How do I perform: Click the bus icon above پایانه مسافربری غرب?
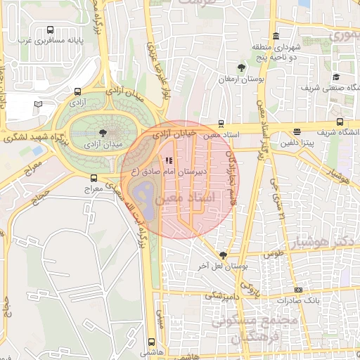pyautogui.click(x=50, y=30)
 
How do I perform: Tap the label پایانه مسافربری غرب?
pyautogui.click(x=51, y=41)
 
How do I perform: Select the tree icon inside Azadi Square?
pyautogui.click(x=103, y=131)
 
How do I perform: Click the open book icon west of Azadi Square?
pyautogui.click(x=38, y=104)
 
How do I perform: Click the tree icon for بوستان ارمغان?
pyautogui.click(x=241, y=67)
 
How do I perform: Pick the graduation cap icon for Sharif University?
pyautogui.click(x=336, y=77)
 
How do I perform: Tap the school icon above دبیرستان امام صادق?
pyautogui.click(x=168, y=160)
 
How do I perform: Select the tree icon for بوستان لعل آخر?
pyautogui.click(x=223, y=255)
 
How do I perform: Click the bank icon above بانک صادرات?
pyautogui.click(x=299, y=290)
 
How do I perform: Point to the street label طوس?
pyautogui.click(x=273, y=254)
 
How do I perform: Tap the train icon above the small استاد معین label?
pyautogui.click(x=221, y=122)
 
